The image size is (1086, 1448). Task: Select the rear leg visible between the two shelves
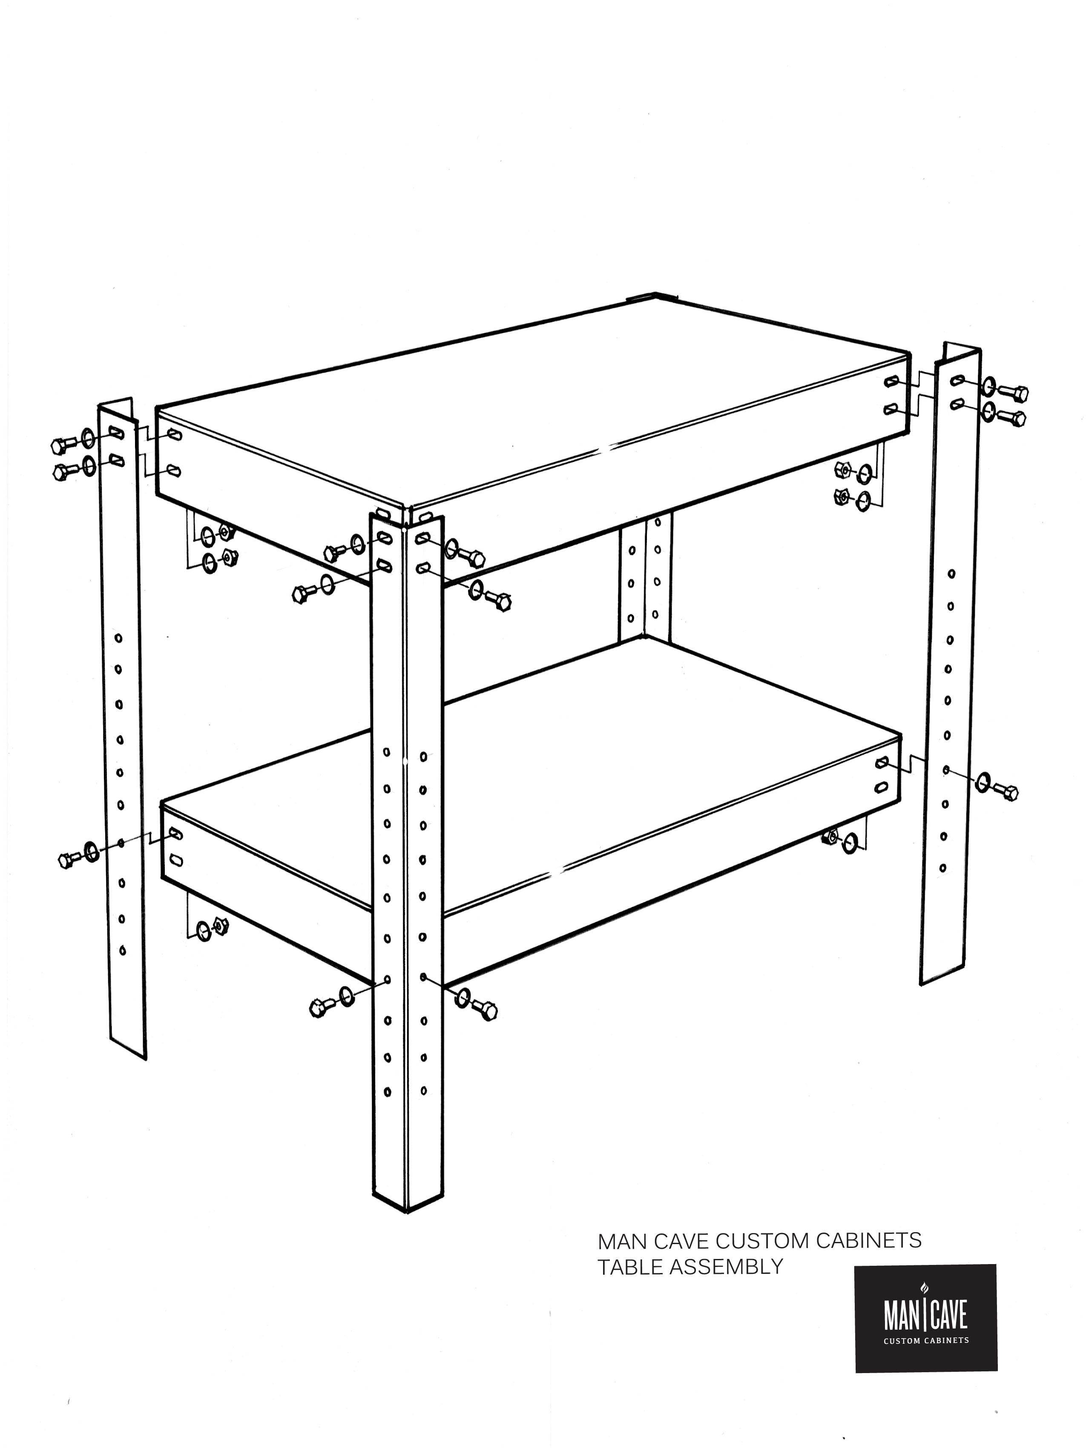[645, 576]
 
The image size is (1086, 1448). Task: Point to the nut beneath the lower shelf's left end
[221, 926]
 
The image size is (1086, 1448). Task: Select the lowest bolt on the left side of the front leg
[320, 1007]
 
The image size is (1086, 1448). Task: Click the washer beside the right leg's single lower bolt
[983, 782]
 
